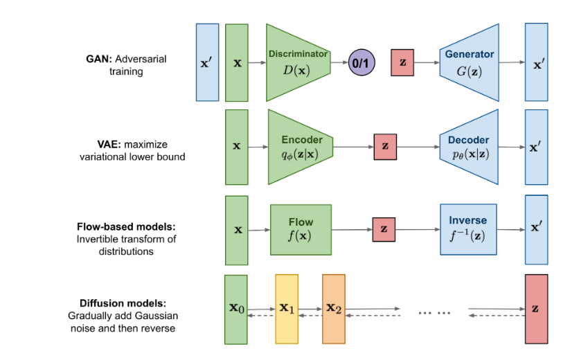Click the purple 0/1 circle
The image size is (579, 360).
tap(361, 63)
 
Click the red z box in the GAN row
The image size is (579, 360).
tap(402, 63)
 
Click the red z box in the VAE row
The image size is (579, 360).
tap(384, 147)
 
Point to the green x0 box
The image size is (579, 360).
tap(237, 309)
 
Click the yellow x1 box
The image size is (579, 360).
tap(287, 309)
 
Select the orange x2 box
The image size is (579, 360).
tap(333, 309)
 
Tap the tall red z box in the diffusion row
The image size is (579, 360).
tap(536, 309)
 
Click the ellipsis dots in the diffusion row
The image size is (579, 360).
tap(434, 312)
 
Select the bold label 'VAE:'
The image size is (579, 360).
tap(91, 145)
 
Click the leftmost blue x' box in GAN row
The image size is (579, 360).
tap(208, 62)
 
